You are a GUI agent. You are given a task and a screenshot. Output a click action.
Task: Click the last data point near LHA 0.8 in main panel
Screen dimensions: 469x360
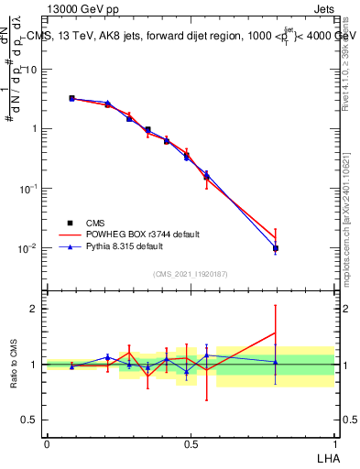point(276,248)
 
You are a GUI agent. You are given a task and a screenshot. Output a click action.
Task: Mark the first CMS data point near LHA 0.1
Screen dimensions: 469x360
point(72,98)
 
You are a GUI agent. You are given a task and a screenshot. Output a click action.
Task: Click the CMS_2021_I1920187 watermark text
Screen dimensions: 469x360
point(191,273)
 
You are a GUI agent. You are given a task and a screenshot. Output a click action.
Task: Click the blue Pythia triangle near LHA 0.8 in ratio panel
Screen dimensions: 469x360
point(276,362)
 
